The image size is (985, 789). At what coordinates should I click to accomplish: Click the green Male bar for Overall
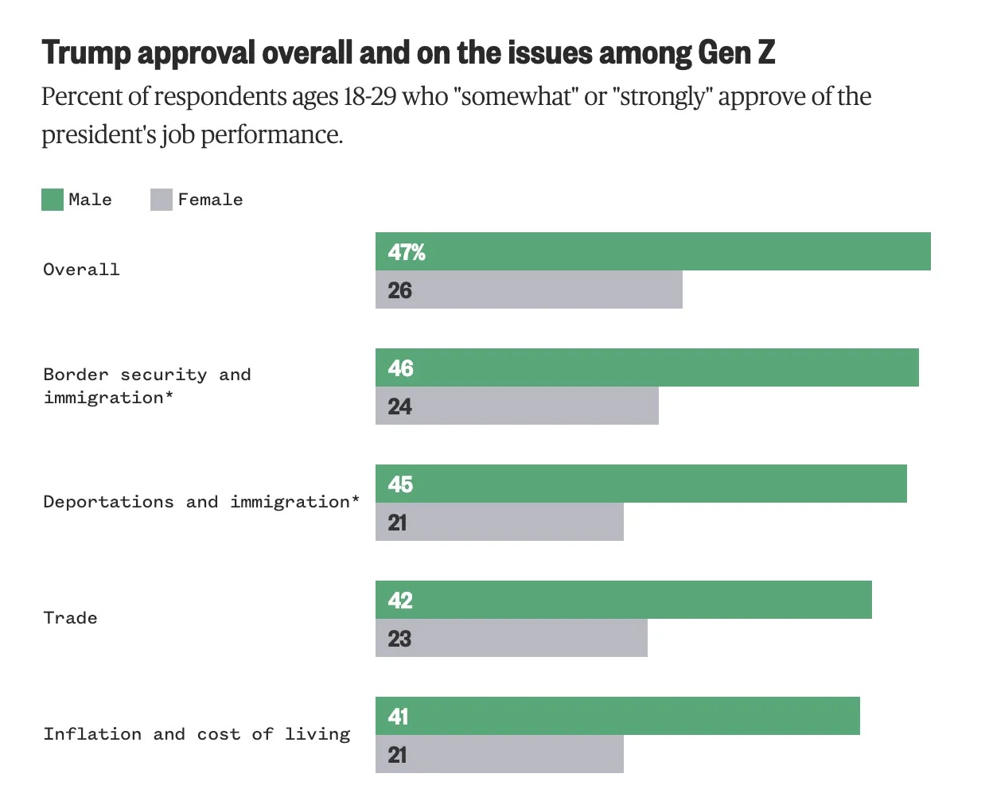click(x=652, y=251)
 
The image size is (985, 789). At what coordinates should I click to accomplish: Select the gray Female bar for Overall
click(x=528, y=290)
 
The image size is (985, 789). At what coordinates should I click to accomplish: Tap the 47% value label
click(x=407, y=252)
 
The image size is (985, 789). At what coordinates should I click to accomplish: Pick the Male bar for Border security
click(x=647, y=367)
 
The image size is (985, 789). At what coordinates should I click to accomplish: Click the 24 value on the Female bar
click(x=399, y=406)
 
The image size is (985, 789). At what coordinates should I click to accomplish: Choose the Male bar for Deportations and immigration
click(x=640, y=484)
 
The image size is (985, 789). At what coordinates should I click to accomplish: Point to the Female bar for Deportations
click(x=499, y=522)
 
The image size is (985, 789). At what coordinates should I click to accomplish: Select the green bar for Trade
click(x=623, y=600)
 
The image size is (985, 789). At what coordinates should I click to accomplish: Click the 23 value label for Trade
click(x=399, y=639)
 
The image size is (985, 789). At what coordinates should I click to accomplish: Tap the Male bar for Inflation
click(x=617, y=716)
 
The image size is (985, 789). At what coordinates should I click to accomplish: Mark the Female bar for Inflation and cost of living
click(x=499, y=754)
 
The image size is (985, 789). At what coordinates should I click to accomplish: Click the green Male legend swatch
click(x=53, y=200)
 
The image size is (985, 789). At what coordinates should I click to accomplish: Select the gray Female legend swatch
click(x=162, y=200)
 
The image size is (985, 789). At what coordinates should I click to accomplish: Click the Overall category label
click(x=81, y=270)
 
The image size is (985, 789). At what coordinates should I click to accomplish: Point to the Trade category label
click(x=70, y=618)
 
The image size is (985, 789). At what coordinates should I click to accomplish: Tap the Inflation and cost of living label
click(x=197, y=734)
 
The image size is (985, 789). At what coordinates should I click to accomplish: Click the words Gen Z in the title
click(x=736, y=52)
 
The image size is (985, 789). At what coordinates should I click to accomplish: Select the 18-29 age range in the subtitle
click(x=369, y=97)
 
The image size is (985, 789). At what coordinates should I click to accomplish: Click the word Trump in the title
click(x=86, y=52)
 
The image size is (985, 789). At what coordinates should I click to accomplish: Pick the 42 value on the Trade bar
click(x=400, y=600)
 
